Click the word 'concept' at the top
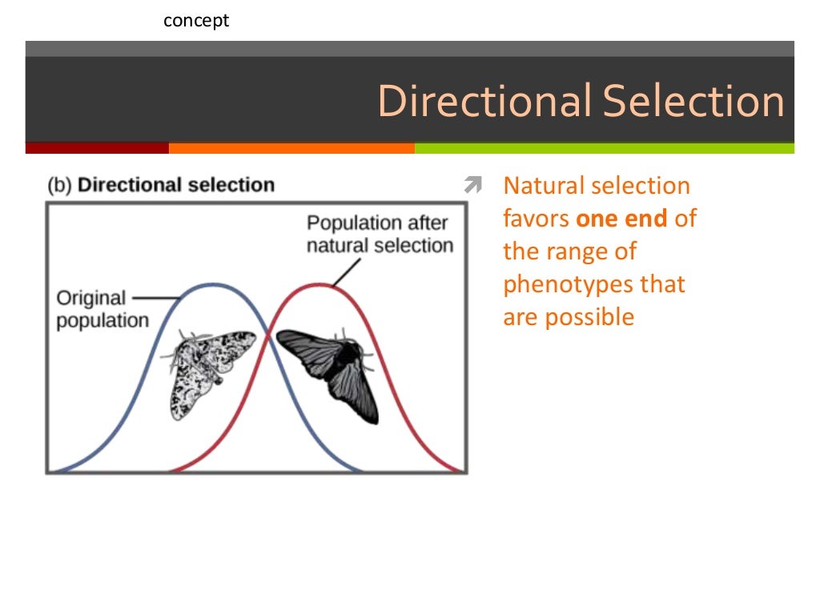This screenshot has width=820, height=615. [x=196, y=21]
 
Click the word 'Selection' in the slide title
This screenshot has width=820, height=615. [x=693, y=102]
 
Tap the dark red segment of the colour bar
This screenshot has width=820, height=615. [x=97, y=148]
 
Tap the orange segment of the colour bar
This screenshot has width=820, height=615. [x=291, y=148]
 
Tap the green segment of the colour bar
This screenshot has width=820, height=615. [x=605, y=148]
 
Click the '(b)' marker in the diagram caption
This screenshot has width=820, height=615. [x=60, y=185]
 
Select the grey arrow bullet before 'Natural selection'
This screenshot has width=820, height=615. [x=472, y=187]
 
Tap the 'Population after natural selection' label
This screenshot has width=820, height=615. [x=380, y=234]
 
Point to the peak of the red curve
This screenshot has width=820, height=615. [x=319, y=284]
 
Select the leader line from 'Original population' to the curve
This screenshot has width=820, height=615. [x=154, y=298]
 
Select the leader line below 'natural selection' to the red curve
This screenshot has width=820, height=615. [x=344, y=274]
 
